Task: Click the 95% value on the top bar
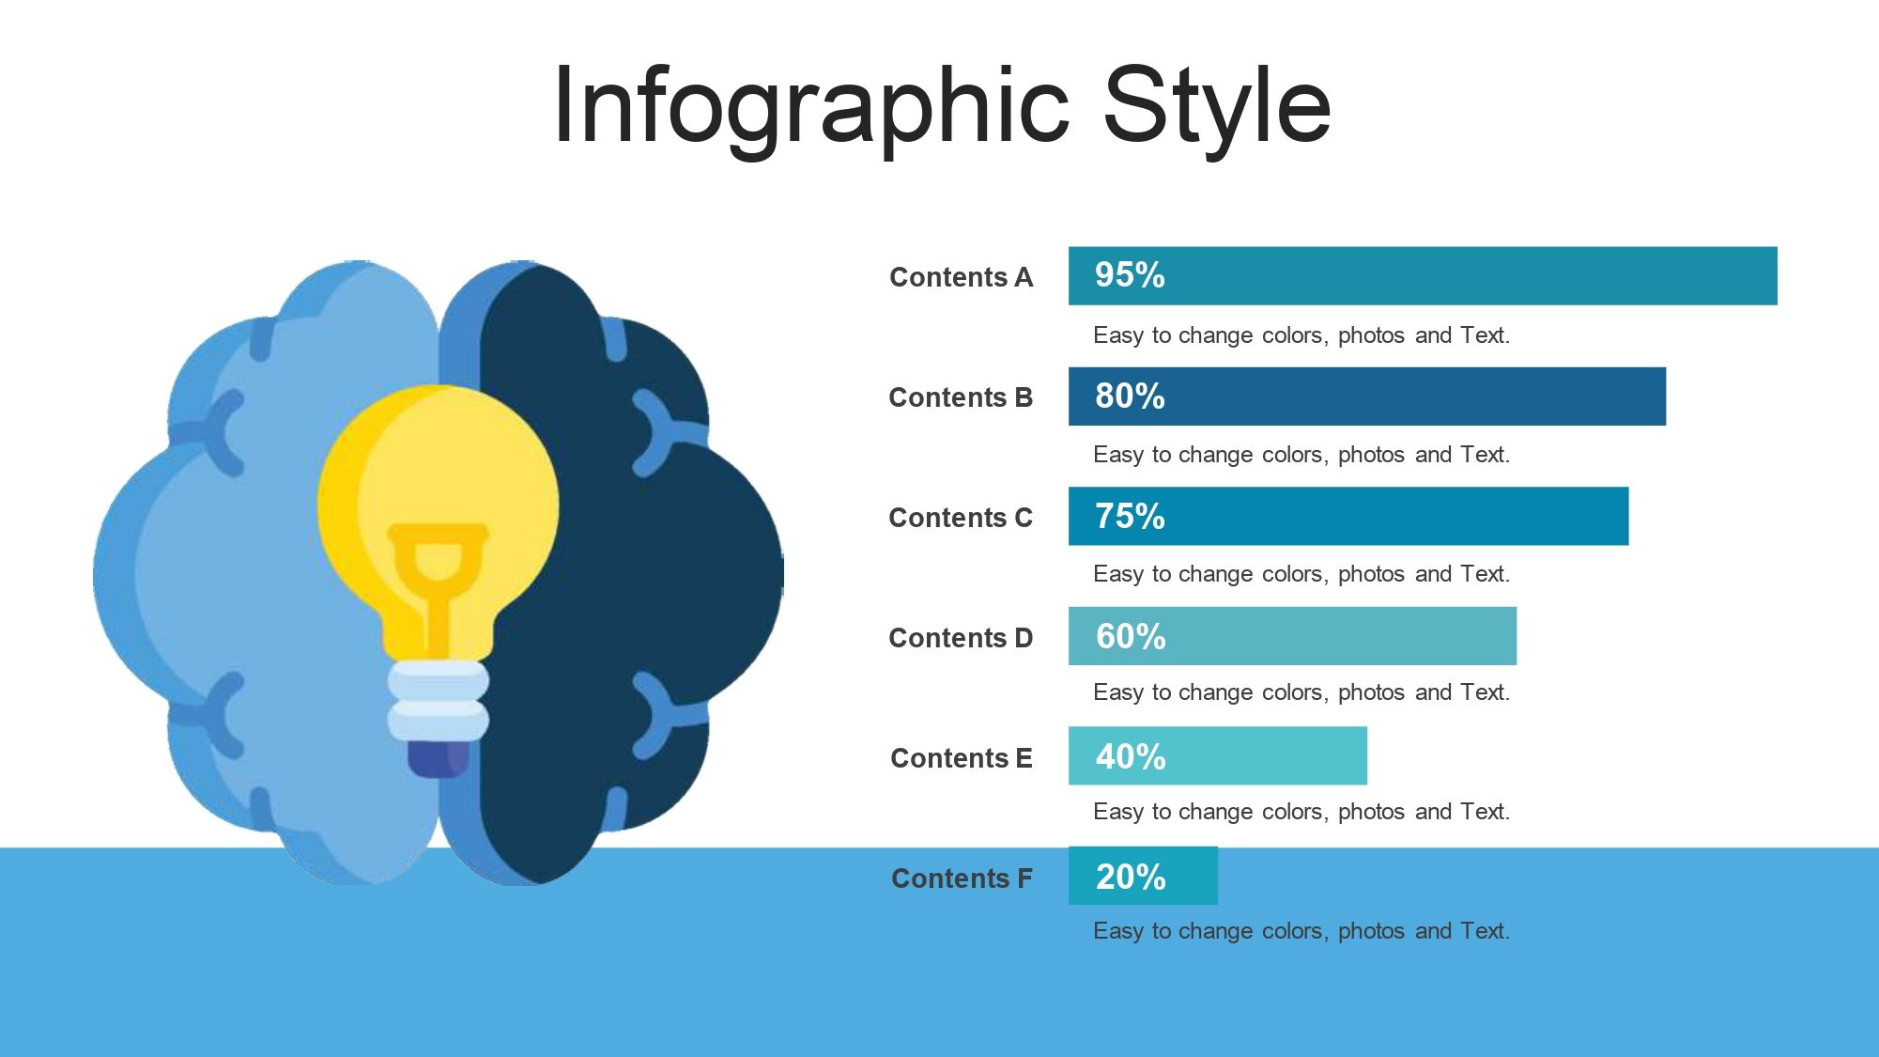pos(1130,275)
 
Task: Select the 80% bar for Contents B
pos(1367,396)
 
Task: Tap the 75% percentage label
pos(1130,516)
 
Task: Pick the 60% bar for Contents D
pos(1292,636)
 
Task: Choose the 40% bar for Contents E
pos(1218,755)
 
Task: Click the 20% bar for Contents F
pos(1143,876)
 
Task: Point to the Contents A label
pos(961,277)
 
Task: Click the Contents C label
pos(961,518)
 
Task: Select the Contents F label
pos(962,878)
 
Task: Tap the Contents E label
pos(962,758)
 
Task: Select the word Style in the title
pos(1217,105)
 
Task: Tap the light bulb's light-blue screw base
pos(439,701)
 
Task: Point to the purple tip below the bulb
pos(439,759)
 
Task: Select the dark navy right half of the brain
pos(629,573)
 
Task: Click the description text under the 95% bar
pos(1301,335)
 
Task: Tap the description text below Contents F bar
pos(1301,931)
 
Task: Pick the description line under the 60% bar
pos(1301,692)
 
